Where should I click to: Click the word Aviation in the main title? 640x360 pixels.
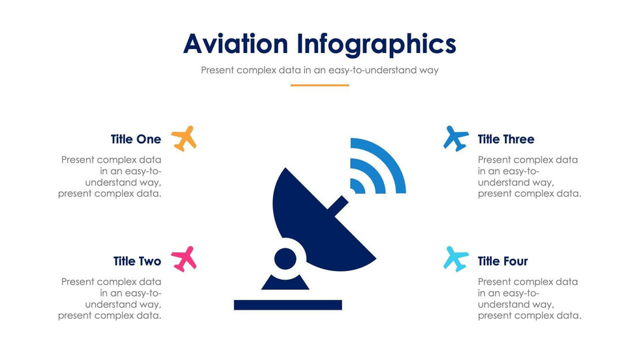[x=236, y=44]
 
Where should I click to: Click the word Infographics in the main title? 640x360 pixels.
[x=376, y=44]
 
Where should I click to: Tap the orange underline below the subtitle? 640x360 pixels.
[x=319, y=86]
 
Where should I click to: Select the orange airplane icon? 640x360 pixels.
[x=184, y=139]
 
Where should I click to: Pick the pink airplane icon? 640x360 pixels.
[x=184, y=259]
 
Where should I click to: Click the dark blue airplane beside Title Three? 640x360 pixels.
[x=456, y=139]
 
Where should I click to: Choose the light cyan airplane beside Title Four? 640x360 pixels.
[x=456, y=259]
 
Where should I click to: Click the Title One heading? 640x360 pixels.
[x=136, y=139]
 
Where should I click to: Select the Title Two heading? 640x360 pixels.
[x=137, y=261]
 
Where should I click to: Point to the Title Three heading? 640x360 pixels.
[x=506, y=139]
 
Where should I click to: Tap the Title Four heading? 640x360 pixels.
[x=503, y=261]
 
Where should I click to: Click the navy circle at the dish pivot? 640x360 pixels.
[x=285, y=258]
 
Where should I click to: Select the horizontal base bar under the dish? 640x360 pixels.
[x=288, y=305]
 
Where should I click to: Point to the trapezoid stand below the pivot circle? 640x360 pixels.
[x=285, y=282]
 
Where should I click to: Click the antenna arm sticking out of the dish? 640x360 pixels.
[x=338, y=203]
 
